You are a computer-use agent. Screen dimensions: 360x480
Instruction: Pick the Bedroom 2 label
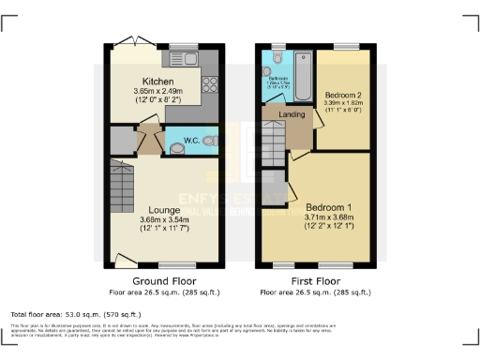343,97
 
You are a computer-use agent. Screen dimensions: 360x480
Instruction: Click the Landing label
279,114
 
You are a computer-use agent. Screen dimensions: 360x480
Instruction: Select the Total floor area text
75,314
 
